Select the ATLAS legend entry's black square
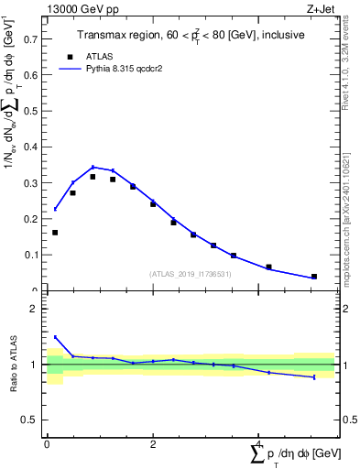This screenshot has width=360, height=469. (70, 56)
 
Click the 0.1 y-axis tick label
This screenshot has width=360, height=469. (30, 256)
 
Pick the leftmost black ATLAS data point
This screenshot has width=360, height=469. (55, 233)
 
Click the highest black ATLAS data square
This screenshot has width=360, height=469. (93, 177)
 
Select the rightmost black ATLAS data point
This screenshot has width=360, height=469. (314, 276)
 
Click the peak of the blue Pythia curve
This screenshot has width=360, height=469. (93, 167)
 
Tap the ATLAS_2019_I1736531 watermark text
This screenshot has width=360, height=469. (191, 274)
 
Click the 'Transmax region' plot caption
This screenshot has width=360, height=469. (190, 36)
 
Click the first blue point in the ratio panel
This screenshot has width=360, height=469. (55, 337)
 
